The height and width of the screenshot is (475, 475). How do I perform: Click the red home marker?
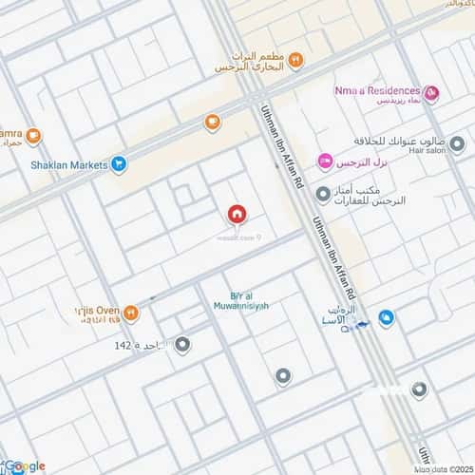(236, 215)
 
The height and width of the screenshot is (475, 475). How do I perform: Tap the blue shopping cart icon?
(119, 165)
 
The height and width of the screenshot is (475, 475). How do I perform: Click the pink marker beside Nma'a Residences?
(432, 93)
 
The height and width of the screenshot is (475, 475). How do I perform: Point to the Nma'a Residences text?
(379, 90)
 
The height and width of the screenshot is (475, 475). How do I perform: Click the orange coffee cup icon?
(212, 122)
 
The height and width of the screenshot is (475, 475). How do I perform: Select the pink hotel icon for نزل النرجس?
(325, 161)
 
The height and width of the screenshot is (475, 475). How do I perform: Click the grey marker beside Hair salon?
(457, 144)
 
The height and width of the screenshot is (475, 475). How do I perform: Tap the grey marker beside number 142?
(182, 345)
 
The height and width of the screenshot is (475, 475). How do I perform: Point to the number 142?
(122, 345)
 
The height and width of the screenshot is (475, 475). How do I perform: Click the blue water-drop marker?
(387, 317)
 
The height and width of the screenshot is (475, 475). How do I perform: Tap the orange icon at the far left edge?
(33, 136)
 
